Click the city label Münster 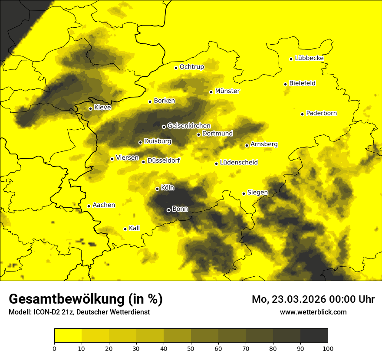coord(227,91)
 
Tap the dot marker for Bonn coord(168,210)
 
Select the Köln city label coord(168,188)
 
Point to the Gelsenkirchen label coord(189,126)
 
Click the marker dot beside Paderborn coord(302,114)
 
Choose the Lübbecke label coord(309,58)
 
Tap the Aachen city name coord(104,205)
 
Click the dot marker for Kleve coord(90,108)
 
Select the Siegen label coord(258,193)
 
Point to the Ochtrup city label coord(191,67)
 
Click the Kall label coord(135,228)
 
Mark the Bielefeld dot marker coord(285,84)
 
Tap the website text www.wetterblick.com coord(313,312)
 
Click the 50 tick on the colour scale coord(191,348)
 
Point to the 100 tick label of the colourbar coord(328,348)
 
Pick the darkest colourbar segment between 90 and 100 coord(314,335)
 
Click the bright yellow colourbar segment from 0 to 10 coord(68,335)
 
